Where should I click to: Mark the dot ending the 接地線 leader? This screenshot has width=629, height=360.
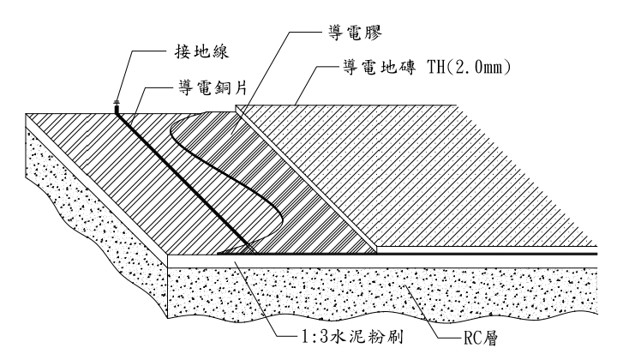[117, 101]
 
